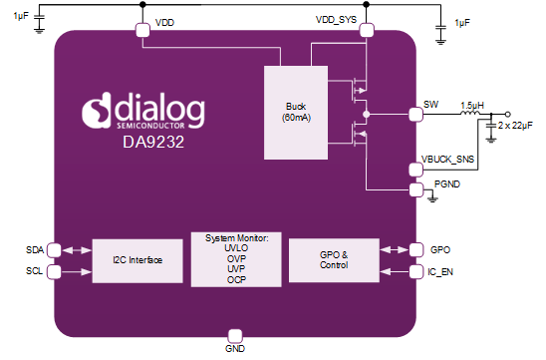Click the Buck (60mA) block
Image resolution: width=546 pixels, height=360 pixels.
pos(296,113)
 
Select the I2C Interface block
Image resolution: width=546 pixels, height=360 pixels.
pos(137,260)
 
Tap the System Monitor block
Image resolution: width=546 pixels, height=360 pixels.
pos(236,259)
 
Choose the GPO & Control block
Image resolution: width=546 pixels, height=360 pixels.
pos(334,260)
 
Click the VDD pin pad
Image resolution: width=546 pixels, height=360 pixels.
pos(142,30)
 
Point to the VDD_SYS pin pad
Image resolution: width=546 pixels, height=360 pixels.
pos(367,30)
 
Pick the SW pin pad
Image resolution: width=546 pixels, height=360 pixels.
pos(415,115)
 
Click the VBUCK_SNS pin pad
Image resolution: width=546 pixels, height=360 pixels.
pos(415,170)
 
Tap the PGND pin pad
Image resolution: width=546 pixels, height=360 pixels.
pos(416,189)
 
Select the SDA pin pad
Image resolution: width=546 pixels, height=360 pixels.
pos(54,250)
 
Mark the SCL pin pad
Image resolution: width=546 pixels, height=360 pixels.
pos(54,272)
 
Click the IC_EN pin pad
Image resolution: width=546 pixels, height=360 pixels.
pos(416,272)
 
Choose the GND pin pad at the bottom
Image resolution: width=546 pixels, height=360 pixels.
pos(235,337)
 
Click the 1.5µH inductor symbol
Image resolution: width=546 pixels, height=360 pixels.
pos(470,113)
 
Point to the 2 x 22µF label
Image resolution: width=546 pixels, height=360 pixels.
pos(515,126)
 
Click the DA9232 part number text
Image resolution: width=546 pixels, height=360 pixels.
pos(153,142)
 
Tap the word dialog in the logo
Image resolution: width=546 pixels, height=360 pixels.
pos(160,109)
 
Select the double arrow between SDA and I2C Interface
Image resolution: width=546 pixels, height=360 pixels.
pos(77,250)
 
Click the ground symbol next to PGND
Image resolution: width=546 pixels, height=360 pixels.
pos(432,198)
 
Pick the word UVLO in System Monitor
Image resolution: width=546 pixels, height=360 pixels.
pos(236,248)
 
